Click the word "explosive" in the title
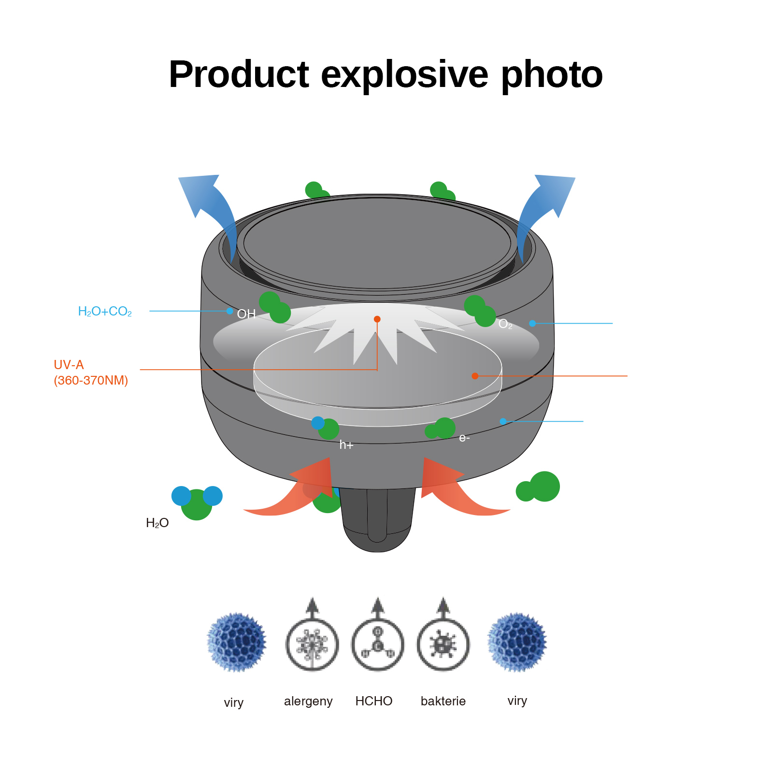(x=404, y=75)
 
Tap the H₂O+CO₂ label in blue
(x=105, y=312)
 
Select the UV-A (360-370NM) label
(x=90, y=372)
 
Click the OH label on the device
(x=246, y=314)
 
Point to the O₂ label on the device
(x=505, y=324)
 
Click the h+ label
(x=346, y=445)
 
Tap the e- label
(x=464, y=438)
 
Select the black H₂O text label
(x=157, y=523)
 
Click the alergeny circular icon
(x=312, y=644)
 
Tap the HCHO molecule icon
(x=378, y=644)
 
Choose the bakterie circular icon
(x=443, y=644)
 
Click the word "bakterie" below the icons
(x=443, y=701)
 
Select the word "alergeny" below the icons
(x=308, y=701)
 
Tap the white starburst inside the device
(x=367, y=333)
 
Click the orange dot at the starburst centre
(x=377, y=319)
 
